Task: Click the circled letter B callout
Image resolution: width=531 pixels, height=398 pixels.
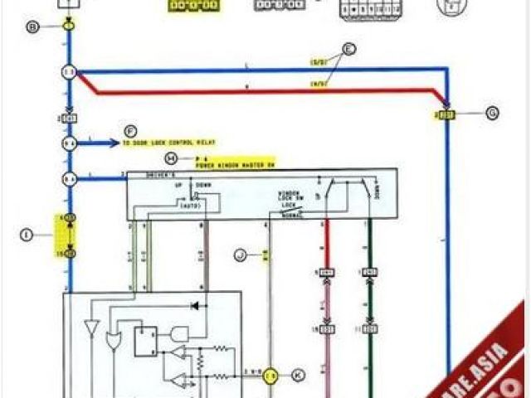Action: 32,27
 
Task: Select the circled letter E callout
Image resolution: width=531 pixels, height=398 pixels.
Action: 349,49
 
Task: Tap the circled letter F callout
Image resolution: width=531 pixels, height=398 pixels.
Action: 130,131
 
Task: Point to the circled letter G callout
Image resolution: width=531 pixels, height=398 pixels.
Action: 492,114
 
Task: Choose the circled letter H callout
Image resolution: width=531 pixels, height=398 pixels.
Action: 171,158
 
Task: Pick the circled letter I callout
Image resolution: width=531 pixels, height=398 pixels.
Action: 26,235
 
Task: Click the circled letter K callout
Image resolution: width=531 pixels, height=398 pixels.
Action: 298,375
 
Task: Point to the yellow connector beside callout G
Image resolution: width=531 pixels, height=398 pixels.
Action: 446,113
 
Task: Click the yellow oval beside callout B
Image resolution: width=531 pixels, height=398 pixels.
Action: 69,27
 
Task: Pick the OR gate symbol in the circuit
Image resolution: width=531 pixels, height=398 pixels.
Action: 114,340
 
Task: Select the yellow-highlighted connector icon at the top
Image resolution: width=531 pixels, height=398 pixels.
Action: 194,6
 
